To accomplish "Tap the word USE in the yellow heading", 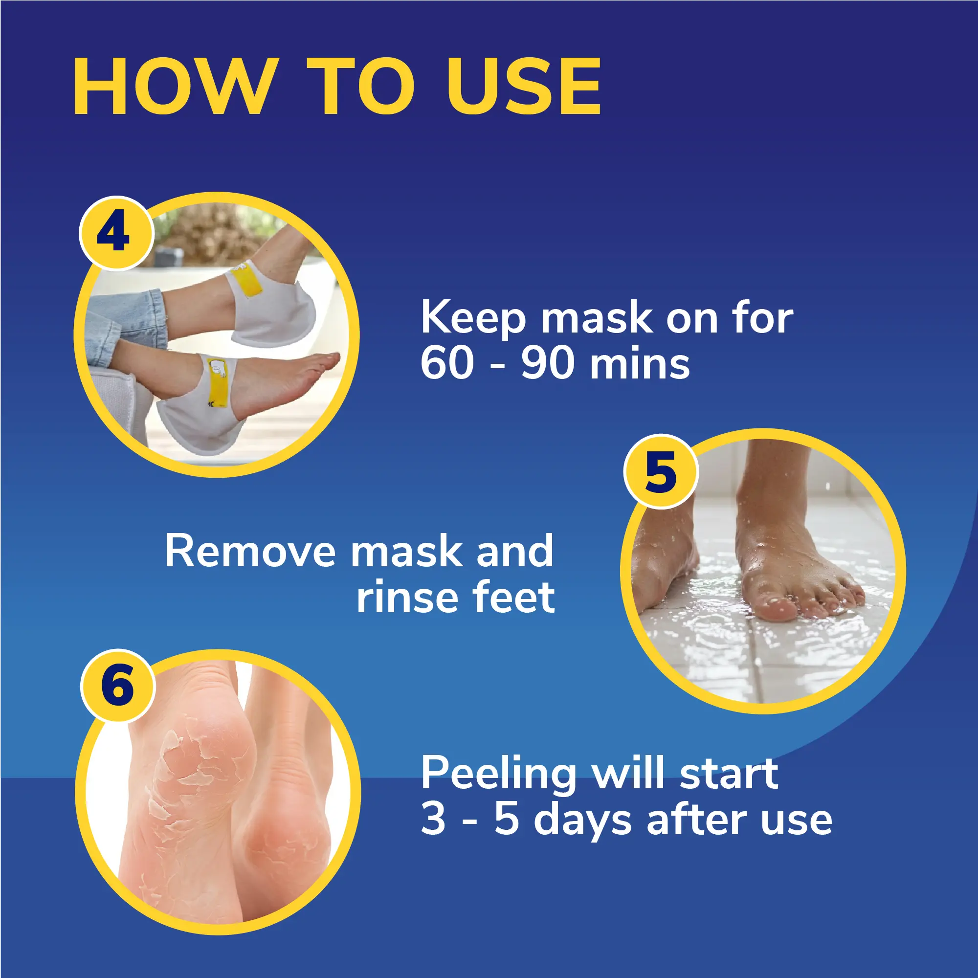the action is coord(523,87).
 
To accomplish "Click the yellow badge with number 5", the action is coord(661,472).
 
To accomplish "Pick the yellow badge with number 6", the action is coord(117,686).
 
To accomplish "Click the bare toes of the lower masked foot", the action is coord(318,362).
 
